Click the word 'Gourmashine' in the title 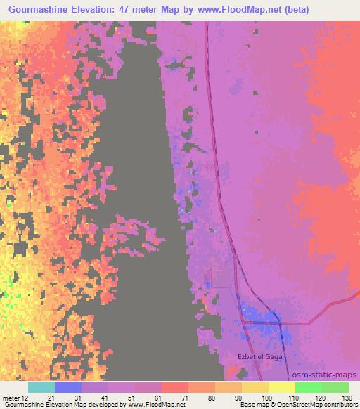(43, 9)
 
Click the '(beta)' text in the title (292, 9)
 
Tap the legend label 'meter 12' (16, 398)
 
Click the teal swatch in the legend (41, 387)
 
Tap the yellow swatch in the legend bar (281, 387)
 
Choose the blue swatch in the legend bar (67, 387)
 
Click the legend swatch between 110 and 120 (308, 387)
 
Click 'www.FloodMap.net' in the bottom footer (150, 405)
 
